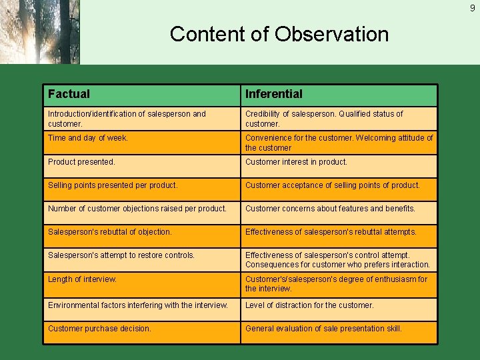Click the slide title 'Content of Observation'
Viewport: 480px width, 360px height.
(279, 34)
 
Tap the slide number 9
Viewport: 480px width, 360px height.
(471, 8)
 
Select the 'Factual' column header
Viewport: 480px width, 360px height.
(69, 95)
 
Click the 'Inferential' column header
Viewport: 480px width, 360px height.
(273, 95)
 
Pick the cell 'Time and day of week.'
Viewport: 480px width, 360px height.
(88, 138)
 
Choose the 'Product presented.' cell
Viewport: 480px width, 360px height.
(81, 162)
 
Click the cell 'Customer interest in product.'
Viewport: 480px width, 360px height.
(296, 162)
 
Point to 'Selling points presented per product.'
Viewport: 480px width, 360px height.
(113, 185)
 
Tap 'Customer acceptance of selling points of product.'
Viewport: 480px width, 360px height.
(332, 185)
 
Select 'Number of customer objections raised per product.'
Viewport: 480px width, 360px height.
(137, 209)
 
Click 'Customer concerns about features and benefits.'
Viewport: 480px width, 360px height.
(330, 209)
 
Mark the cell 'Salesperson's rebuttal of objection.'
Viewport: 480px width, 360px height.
(110, 232)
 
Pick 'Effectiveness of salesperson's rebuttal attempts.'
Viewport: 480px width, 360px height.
(331, 232)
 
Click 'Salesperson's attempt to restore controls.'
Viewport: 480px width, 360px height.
(121, 255)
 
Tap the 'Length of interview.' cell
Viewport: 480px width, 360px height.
(82, 279)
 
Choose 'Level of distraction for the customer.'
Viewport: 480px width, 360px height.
(309, 305)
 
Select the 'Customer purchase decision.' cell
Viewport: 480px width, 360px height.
(99, 329)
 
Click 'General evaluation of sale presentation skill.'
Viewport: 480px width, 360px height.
(323, 329)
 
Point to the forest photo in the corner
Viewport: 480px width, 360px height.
(39, 32)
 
